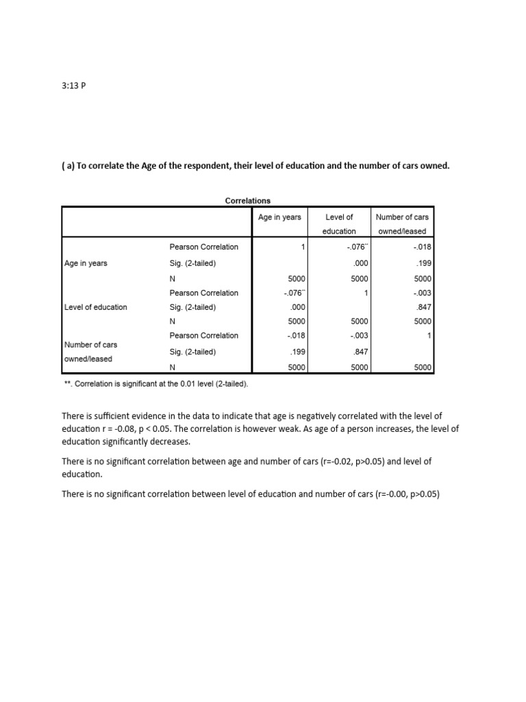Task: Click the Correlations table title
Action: pos(248,201)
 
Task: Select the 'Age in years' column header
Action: pos(279,217)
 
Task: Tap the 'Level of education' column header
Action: pos(339,224)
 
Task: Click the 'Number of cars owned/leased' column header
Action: pos(402,224)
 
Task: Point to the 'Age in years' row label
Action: pos(86,263)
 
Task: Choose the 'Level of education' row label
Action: pos(95,307)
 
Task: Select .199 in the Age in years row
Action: pos(425,263)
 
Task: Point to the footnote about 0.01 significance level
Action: pos(155,384)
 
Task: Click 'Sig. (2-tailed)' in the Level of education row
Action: pos(193,307)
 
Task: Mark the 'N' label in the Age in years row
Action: pos(173,279)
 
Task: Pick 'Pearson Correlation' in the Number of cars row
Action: pos(204,336)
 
